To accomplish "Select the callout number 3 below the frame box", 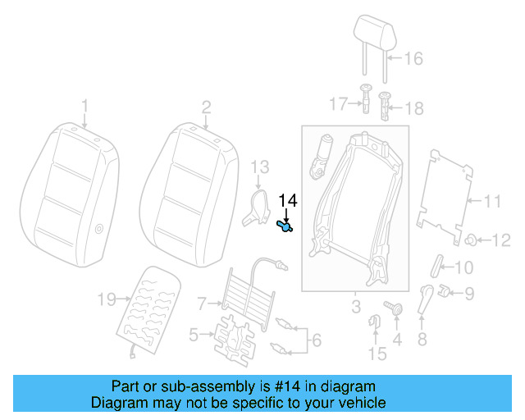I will pyautogui.click(x=354, y=308).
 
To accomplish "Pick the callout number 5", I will pyautogui.click(x=194, y=334).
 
